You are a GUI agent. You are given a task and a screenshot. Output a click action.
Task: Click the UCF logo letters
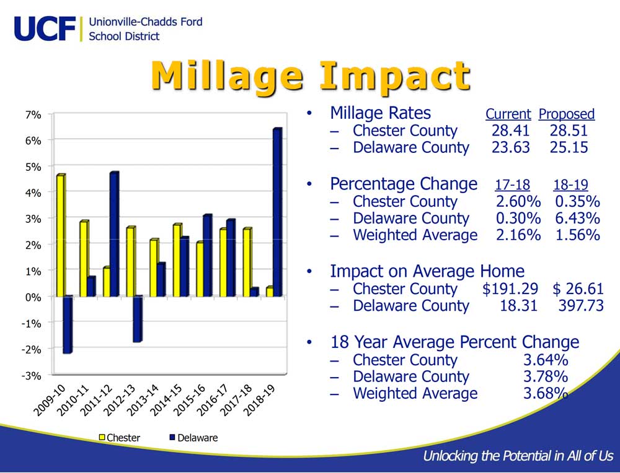pos(45,28)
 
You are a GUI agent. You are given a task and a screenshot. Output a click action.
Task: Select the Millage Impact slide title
pos(311,76)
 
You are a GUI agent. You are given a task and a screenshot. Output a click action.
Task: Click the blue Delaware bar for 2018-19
pos(278,212)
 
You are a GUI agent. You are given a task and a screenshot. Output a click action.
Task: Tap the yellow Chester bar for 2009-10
pos(61,235)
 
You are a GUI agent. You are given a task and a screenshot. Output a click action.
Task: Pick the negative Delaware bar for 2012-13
pos(138,319)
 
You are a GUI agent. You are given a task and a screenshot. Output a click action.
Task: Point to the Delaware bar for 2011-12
pos(114,234)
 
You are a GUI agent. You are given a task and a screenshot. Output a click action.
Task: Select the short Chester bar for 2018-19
pos(270,292)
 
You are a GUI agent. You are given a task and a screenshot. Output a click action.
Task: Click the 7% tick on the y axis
pos(33,115)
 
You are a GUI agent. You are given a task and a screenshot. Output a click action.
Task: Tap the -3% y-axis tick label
pos(31,375)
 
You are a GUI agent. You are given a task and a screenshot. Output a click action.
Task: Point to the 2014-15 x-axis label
pos(166,399)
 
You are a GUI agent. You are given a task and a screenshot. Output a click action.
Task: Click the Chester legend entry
pos(120,438)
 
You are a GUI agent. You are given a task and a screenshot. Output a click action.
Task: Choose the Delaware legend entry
pos(193,438)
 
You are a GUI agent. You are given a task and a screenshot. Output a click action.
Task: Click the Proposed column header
pos(567,114)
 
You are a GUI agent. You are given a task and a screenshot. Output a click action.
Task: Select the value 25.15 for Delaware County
pos(569,147)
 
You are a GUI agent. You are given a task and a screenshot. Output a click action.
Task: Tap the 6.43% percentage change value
pos(577,218)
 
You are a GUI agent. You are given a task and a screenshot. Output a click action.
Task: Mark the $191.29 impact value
pos(510,289)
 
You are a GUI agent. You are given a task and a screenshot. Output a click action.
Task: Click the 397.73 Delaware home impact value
pos(581,306)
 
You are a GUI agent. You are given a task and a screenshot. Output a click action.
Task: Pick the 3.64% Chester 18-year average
pos(546,360)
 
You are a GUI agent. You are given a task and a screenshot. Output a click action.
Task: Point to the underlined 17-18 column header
pos(513,184)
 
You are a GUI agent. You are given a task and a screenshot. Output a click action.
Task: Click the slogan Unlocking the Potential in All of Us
pos(518,456)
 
